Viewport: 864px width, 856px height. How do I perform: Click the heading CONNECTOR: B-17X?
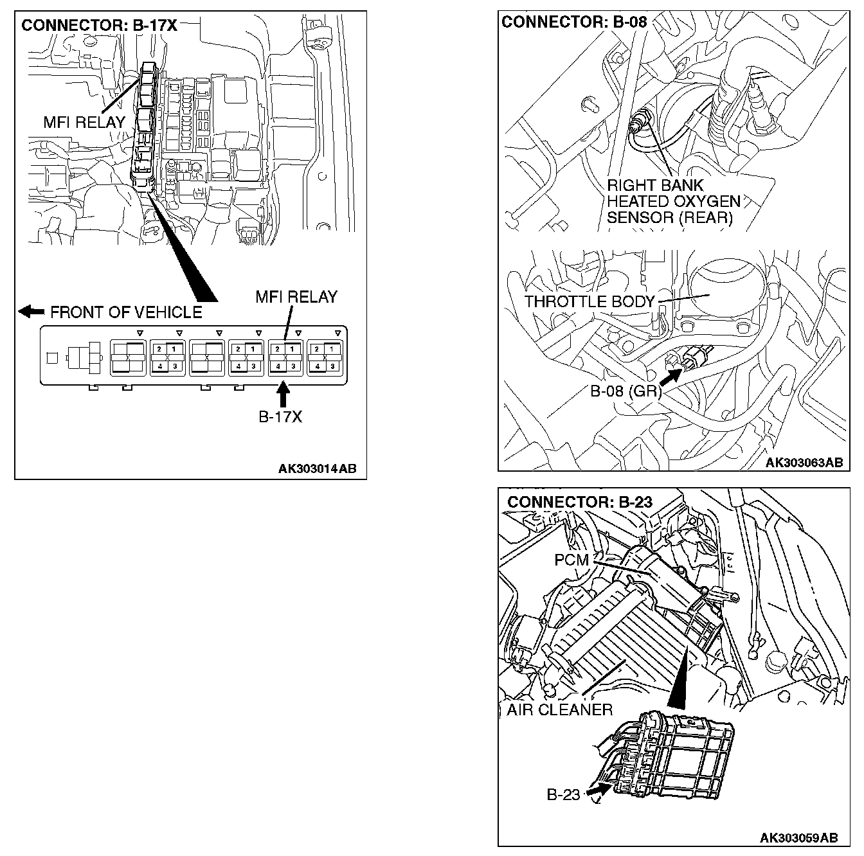click(99, 26)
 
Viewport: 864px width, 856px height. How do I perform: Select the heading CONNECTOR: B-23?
click(580, 502)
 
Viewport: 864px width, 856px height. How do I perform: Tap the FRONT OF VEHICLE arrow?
click(31, 312)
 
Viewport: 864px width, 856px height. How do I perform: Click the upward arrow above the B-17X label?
click(283, 393)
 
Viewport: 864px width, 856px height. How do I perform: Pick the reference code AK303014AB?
click(317, 469)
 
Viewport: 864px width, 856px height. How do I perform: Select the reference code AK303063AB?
click(804, 463)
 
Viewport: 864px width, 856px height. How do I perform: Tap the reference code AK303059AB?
click(798, 838)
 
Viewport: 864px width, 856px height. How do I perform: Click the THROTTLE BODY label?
click(589, 301)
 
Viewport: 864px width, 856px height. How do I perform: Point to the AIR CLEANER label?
click(559, 709)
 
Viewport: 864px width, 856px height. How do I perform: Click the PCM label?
click(571, 560)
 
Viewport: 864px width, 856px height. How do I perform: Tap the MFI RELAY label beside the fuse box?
click(84, 122)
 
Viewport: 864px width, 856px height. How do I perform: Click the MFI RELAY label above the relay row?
click(296, 297)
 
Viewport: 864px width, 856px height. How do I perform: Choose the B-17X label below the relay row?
click(280, 416)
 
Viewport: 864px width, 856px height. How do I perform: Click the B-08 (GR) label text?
click(625, 391)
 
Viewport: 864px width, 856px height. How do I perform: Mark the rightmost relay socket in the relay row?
click(325, 357)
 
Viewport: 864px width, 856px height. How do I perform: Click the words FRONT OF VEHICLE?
click(126, 312)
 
